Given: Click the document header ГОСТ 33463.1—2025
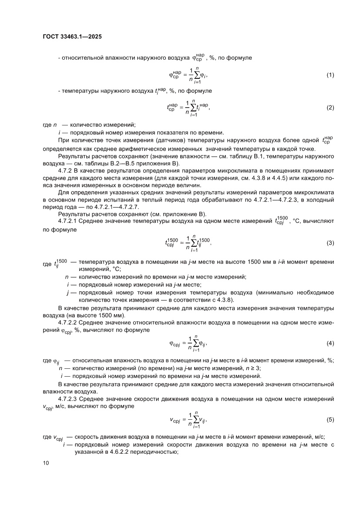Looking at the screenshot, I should click(x=72, y=37).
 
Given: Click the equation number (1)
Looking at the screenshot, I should click(x=330, y=75).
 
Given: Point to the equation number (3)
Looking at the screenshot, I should click(x=330, y=243).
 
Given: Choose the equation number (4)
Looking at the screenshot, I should click(x=330, y=344).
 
